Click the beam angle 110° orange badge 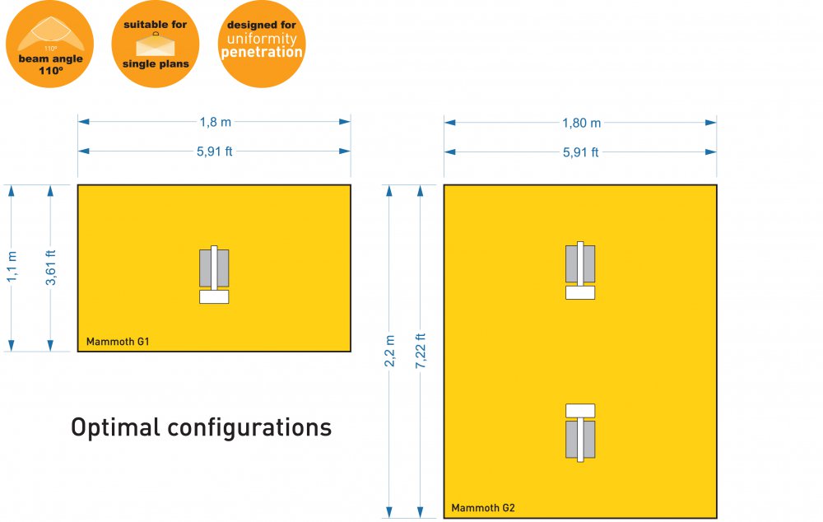[50, 44]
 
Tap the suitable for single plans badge [156, 44]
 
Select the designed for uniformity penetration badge [262, 44]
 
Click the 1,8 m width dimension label [216, 122]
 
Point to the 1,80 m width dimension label [581, 123]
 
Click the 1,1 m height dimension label [12, 268]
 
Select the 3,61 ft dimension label [51, 268]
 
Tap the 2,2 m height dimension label [390, 352]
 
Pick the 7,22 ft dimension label [421, 352]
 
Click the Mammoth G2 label [483, 507]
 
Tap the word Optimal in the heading [114, 428]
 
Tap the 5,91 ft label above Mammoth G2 [581, 152]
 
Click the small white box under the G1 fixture [214, 297]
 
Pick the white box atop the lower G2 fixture [580, 410]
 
